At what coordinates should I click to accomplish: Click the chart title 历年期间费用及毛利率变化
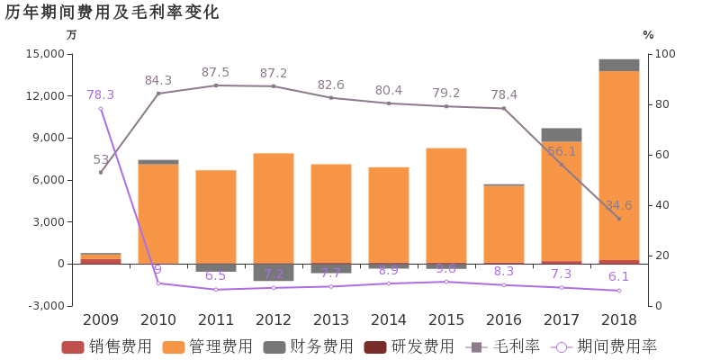point(112,13)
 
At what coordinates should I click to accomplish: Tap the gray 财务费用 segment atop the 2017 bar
point(561,135)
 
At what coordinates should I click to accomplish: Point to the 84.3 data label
point(157,80)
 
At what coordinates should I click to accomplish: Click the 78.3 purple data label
point(100,94)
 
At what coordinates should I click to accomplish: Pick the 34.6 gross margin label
point(618,205)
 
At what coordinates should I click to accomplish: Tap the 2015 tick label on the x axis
point(445,319)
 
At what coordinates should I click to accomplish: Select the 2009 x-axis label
point(100,319)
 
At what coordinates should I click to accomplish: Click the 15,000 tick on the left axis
point(46,54)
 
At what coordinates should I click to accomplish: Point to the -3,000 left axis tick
point(46,306)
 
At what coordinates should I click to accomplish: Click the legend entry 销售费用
point(107,346)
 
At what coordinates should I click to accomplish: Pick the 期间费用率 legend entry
point(604,346)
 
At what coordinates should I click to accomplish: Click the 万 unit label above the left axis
point(72,35)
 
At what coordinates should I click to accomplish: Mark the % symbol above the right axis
point(647,35)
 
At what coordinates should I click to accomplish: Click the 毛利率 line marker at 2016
point(503,109)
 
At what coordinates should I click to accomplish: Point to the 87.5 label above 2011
point(215,72)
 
